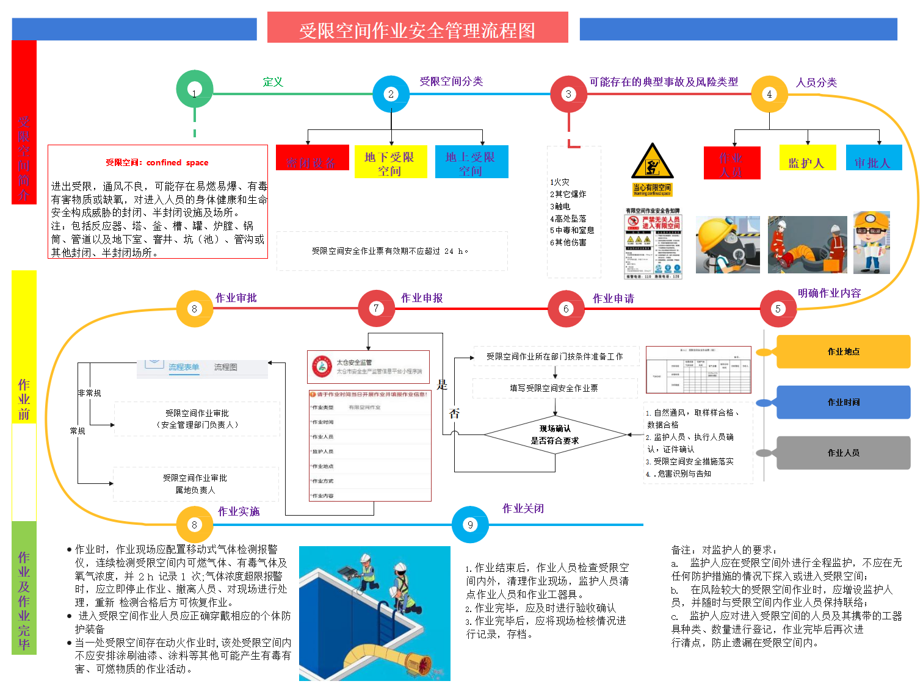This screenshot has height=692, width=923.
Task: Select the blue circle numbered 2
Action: (391, 94)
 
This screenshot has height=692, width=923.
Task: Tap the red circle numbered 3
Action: (568, 94)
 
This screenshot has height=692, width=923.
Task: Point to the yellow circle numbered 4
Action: (769, 94)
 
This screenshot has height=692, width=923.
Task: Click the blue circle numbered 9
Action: (470, 525)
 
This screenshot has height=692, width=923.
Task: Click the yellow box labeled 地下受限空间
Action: (390, 162)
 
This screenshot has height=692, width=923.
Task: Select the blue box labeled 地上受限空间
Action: (471, 162)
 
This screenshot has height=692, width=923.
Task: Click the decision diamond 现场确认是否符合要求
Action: (555, 434)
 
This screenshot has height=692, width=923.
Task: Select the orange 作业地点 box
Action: (843, 351)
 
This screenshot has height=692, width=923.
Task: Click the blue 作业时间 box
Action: (843, 402)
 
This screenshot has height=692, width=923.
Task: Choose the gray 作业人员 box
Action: (843, 453)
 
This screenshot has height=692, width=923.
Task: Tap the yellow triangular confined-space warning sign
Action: (652, 162)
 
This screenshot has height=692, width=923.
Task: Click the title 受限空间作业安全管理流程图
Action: (418, 29)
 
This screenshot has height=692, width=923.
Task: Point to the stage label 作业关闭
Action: (523, 508)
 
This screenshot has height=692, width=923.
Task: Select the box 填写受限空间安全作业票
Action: (554, 388)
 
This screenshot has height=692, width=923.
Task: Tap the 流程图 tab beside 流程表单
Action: (225, 367)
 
